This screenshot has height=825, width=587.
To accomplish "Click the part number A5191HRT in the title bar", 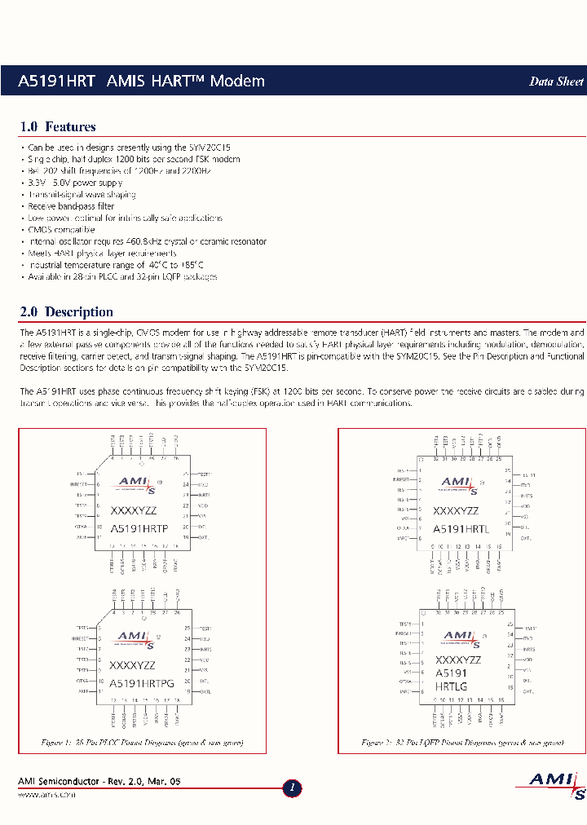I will (x=57, y=81).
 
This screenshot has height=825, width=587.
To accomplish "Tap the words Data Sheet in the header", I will (x=556, y=82).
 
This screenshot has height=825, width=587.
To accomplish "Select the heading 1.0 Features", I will (x=57, y=126).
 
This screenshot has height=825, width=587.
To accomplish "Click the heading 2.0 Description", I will (x=66, y=311).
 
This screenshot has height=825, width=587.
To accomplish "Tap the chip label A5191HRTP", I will (x=139, y=528).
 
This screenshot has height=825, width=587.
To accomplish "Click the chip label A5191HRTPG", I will (x=142, y=683).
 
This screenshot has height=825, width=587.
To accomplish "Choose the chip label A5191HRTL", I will (x=461, y=528).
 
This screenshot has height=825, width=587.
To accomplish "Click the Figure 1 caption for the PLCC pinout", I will (x=142, y=743).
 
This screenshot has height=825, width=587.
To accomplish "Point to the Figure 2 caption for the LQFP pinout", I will (x=462, y=743).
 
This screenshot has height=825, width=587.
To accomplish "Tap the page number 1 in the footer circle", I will (x=293, y=788).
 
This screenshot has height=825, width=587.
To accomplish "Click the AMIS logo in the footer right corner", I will (x=556, y=784).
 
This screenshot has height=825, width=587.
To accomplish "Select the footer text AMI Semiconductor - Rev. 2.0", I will (x=99, y=782).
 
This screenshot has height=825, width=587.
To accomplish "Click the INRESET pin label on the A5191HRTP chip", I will (x=81, y=484).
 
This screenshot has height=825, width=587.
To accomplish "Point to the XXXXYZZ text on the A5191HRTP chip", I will (x=133, y=511).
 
